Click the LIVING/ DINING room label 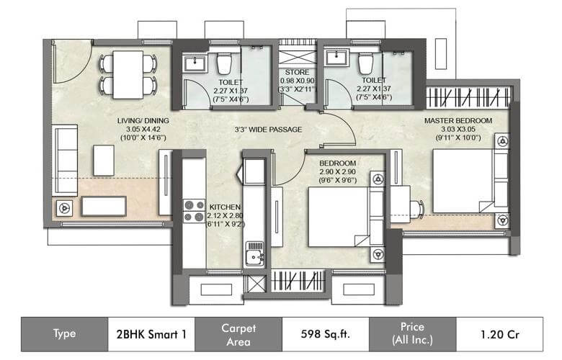(x=143, y=121)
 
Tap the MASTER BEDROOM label (x=458, y=121)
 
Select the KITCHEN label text (x=225, y=207)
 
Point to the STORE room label (x=297, y=72)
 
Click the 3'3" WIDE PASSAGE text (x=268, y=130)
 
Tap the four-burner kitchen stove (x=194, y=211)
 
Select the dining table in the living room (x=128, y=74)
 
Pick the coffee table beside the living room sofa (x=104, y=160)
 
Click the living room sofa (x=65, y=160)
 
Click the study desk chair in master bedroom (x=417, y=209)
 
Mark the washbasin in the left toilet (x=195, y=64)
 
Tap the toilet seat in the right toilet (x=366, y=63)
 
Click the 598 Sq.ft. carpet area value (x=325, y=334)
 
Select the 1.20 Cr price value (x=499, y=335)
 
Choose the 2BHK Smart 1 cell (x=151, y=335)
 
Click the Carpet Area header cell (x=238, y=335)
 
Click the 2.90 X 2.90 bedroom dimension (x=337, y=172)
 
